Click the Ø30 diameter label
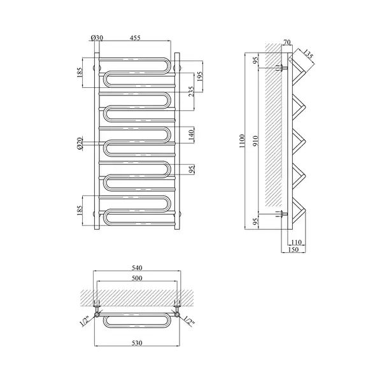pyautogui.click(x=97, y=38)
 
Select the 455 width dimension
pyautogui.click(x=135, y=38)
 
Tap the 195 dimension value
pyautogui.click(x=199, y=77)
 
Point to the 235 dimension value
pyautogui.click(x=191, y=91)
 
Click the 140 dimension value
pyautogui.click(x=191, y=136)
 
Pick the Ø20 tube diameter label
pyautogui.click(x=80, y=143)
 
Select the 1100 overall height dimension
pyautogui.click(x=242, y=141)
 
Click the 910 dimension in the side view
pyautogui.click(x=255, y=141)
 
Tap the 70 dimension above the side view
pyautogui.click(x=288, y=42)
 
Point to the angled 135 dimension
pyautogui.click(x=308, y=55)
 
